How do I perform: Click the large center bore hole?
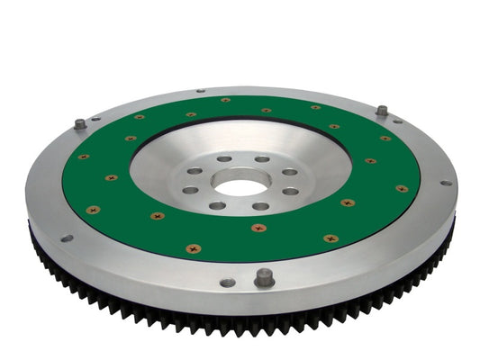pyautogui.click(x=241, y=186)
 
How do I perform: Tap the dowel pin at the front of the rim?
pyautogui.click(x=263, y=277)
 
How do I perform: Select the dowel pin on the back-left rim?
pyautogui.click(x=80, y=124)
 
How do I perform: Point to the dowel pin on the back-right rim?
pyautogui.click(x=382, y=111)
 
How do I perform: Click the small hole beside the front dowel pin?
pyautogui.click(x=228, y=283)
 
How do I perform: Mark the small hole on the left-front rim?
pyautogui.click(x=67, y=238)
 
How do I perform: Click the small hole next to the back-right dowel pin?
pyautogui.click(x=397, y=121)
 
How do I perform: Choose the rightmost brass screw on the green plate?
pyautogui.click(x=402, y=189)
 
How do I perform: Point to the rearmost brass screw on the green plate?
pyautogui.click(x=224, y=100)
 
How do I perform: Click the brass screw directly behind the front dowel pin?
pyautogui.click(x=259, y=228)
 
